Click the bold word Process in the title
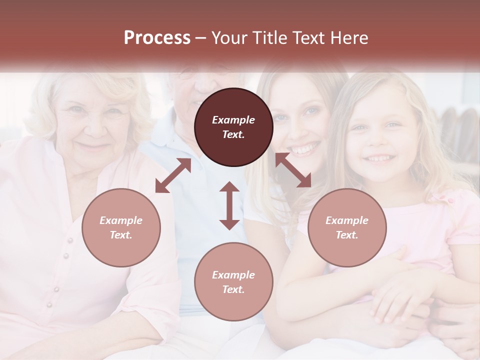(x=157, y=38)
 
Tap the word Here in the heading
(x=350, y=38)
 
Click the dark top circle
(x=233, y=127)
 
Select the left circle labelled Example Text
(x=121, y=227)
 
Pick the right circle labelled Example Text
(x=347, y=227)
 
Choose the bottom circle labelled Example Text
(x=233, y=282)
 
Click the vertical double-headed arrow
(x=229, y=205)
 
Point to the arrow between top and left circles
(x=173, y=175)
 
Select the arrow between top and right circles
(x=293, y=170)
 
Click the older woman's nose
(x=88, y=130)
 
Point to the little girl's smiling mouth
(x=379, y=159)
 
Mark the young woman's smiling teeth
(x=305, y=149)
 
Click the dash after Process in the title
(x=200, y=38)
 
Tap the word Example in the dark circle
(x=233, y=120)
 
